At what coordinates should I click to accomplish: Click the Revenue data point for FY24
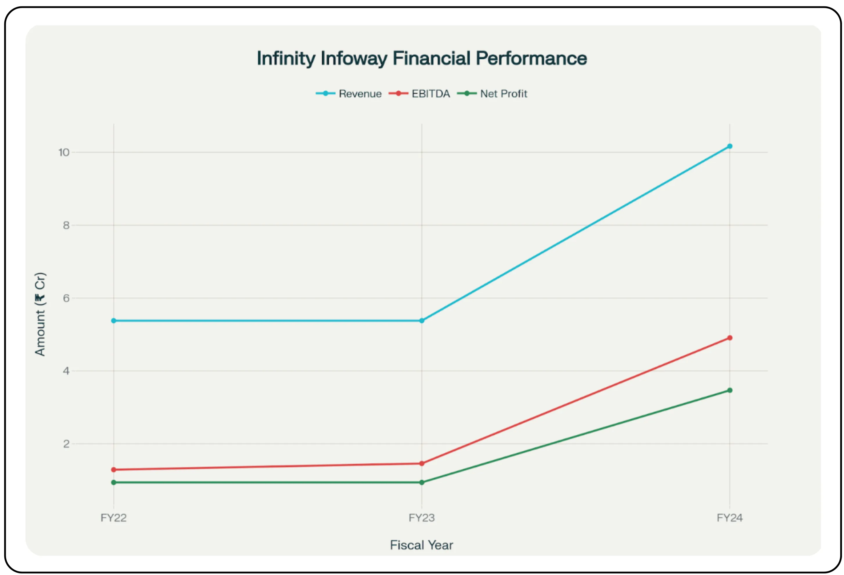(x=729, y=146)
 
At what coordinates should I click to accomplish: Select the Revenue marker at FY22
(x=114, y=321)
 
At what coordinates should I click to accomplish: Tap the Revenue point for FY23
(x=422, y=321)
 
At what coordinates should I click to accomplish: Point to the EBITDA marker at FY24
(x=729, y=338)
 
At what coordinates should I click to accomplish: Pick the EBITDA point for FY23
(x=422, y=463)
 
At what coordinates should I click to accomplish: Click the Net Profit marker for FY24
(x=729, y=391)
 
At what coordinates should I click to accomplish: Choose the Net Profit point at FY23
(x=422, y=482)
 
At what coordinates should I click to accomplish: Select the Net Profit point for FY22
(x=114, y=482)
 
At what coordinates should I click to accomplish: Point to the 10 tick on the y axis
(x=64, y=153)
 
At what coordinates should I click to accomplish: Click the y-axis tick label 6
(x=66, y=298)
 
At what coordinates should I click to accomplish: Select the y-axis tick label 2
(x=66, y=444)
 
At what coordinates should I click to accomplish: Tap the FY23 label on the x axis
(x=422, y=517)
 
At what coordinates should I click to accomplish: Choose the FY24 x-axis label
(x=729, y=517)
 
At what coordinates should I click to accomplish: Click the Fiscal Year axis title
(x=422, y=545)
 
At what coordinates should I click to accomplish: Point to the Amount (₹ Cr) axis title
(x=40, y=314)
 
